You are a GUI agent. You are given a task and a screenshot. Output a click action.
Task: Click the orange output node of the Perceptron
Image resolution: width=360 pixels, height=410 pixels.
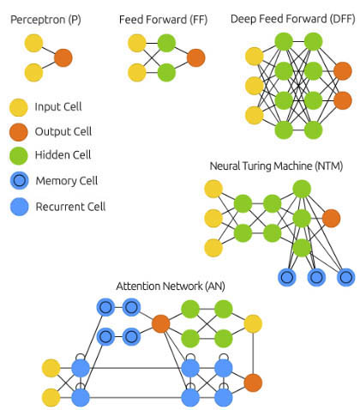point(63,57)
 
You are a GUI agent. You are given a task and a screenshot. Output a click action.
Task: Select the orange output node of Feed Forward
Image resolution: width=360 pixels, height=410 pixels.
point(196,57)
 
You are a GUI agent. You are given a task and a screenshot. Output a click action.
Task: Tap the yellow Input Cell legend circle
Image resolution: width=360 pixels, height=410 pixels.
point(19,107)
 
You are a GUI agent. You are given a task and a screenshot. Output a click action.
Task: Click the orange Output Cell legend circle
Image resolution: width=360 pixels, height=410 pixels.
point(19,132)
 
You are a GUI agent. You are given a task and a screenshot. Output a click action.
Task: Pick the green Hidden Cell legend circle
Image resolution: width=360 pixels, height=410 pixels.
point(19,156)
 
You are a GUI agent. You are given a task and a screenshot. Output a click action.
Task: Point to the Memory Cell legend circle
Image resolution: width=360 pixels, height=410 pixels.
point(19,181)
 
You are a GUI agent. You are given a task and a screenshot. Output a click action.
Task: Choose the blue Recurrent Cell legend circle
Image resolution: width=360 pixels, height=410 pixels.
point(19,207)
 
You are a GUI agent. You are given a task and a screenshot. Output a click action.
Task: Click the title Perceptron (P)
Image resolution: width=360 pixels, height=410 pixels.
point(45,20)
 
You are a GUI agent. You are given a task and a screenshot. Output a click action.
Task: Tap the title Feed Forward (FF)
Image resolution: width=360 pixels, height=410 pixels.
point(163,20)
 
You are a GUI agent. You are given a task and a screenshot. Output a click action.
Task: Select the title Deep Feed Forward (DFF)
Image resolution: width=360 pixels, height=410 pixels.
point(293,19)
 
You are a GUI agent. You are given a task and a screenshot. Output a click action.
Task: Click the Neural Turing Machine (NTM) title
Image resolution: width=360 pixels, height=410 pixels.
point(276,166)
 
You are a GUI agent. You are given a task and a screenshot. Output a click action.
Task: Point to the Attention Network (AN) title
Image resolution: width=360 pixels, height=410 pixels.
point(171,286)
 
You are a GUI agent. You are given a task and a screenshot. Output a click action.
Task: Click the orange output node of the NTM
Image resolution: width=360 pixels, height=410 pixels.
point(331,218)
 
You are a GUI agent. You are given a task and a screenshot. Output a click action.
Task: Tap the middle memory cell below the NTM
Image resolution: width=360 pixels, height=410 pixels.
point(316,277)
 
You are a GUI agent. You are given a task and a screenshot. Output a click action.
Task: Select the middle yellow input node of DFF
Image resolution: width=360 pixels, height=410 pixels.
point(255,86)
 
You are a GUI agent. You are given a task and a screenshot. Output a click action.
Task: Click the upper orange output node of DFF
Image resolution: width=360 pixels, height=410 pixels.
point(343,71)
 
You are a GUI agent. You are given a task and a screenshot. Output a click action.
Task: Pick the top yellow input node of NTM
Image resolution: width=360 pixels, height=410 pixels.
point(213,189)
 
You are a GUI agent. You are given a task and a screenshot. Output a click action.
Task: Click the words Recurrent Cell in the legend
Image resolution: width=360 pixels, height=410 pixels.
point(70,207)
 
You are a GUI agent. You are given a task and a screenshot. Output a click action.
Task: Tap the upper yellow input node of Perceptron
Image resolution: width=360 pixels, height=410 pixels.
point(33,43)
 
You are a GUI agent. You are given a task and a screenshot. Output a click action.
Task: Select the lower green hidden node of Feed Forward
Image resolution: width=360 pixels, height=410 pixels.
point(166,73)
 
